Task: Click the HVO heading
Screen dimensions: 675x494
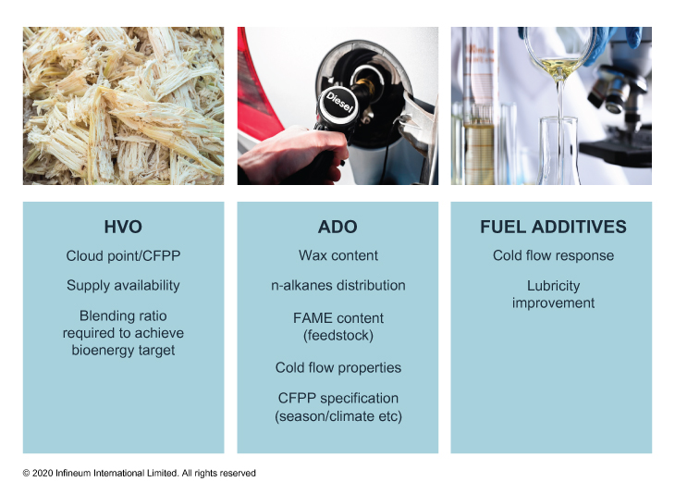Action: [x=123, y=227]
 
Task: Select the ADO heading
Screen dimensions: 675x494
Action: [x=337, y=227]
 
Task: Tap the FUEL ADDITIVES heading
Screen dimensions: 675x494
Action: [x=553, y=227]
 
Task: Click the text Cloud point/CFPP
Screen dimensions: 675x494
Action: [x=123, y=256]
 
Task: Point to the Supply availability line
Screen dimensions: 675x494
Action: [x=123, y=286]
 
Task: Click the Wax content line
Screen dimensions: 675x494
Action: [x=338, y=255]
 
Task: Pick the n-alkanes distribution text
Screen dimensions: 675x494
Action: [x=337, y=285]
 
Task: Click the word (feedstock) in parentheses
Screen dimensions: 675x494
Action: [x=338, y=336]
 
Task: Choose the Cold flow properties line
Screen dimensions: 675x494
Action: [x=338, y=368]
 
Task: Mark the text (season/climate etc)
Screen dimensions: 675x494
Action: [x=338, y=416]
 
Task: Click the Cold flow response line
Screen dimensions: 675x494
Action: [x=553, y=255]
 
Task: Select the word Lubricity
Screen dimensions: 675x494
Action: [x=553, y=286]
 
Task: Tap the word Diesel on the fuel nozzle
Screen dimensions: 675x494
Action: [x=339, y=103]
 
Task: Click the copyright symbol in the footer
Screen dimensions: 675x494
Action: [x=26, y=474]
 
